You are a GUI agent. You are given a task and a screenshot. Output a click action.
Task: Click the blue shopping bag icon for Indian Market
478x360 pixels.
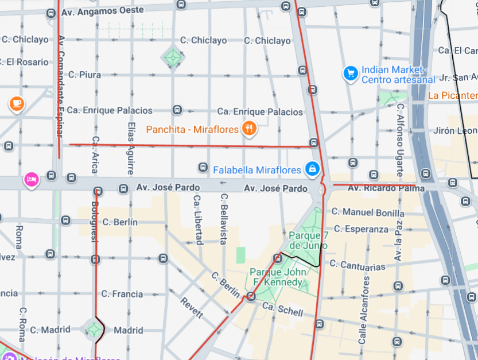(350, 73)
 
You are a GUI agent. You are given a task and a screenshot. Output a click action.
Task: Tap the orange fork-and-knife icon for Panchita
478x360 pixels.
(248, 129)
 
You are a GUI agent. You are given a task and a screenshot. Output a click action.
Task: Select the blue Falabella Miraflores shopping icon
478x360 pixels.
(312, 169)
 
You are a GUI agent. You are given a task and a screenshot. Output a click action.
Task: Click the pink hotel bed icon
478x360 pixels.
(32, 180)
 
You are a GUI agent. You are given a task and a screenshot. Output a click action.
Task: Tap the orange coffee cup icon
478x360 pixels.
(16, 103)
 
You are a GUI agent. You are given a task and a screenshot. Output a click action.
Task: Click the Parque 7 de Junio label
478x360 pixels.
(308, 240)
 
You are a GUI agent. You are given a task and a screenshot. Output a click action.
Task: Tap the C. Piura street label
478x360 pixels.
(84, 75)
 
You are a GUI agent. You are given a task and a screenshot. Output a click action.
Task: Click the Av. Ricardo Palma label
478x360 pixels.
(386, 188)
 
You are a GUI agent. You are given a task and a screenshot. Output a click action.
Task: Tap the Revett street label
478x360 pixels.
(192, 308)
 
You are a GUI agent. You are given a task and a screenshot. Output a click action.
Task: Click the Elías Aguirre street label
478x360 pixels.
(131, 148)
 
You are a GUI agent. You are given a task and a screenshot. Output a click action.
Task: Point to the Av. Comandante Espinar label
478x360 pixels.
(60, 86)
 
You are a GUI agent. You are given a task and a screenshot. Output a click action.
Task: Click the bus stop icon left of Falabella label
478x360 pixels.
(203, 167)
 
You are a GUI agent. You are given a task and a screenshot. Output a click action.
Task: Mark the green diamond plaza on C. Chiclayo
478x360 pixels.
(173, 56)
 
